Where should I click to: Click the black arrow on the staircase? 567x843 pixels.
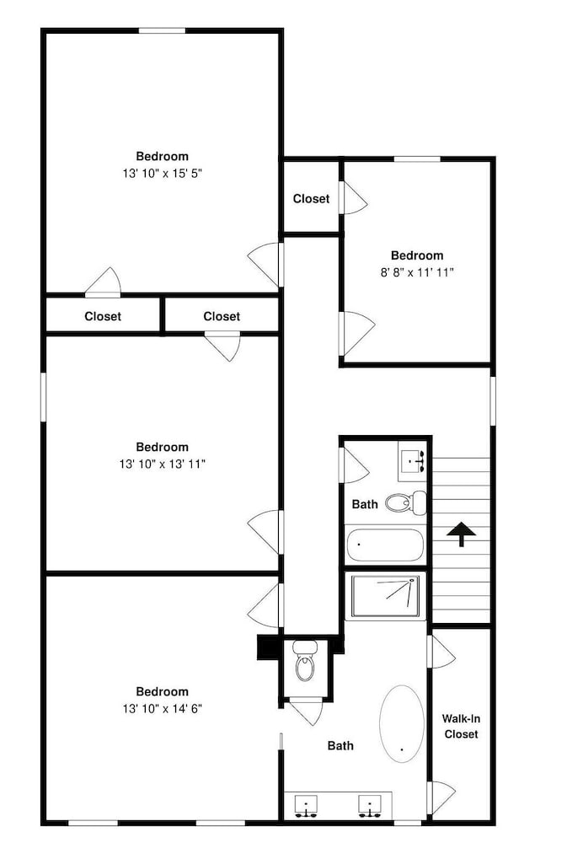tap(461, 534)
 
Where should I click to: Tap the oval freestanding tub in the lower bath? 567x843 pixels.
tap(402, 723)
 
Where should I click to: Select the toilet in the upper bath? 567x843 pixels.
tap(406, 502)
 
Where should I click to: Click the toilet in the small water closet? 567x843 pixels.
tap(305, 661)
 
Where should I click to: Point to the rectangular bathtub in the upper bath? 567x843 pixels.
tap(385, 545)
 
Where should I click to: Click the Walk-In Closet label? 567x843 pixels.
tap(461, 726)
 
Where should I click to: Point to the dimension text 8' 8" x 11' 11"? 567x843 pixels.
tap(417, 272)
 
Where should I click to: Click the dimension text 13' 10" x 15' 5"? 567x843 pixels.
tap(163, 173)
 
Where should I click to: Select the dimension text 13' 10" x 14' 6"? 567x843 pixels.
tap(163, 708)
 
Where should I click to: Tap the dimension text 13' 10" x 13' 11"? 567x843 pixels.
tap(163, 464)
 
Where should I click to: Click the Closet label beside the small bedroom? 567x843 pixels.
tap(311, 198)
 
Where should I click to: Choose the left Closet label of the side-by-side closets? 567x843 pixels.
tap(103, 316)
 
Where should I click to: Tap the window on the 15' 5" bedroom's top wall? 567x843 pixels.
tap(163, 30)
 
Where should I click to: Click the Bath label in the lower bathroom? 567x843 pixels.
tap(340, 746)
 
